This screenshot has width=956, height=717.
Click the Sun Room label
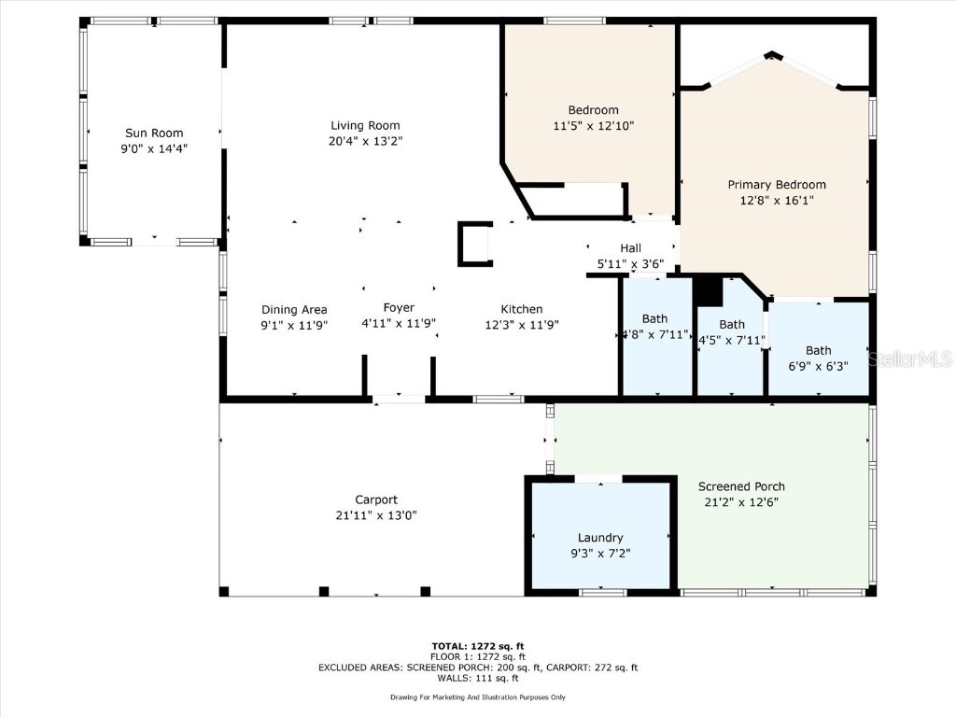point(154,133)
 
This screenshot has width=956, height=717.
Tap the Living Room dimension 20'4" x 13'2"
point(365,141)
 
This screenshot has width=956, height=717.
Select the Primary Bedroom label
point(777,185)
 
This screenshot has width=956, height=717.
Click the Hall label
point(630,248)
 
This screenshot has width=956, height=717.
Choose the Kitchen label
point(521,309)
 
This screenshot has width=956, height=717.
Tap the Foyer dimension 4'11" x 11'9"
point(399,324)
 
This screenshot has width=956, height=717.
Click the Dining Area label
point(293,309)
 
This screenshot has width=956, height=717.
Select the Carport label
point(376,499)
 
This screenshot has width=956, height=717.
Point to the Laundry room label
point(600,538)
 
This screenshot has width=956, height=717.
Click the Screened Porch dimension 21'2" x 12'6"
point(741,501)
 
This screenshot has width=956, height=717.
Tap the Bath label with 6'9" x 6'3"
point(818,350)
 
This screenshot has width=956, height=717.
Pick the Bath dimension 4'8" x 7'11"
point(655,334)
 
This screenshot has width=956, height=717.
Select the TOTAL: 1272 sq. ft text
point(477,646)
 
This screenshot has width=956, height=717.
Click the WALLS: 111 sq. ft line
point(477,678)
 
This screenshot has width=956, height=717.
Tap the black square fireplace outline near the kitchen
point(473,244)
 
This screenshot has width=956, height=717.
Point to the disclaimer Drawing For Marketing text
point(477,697)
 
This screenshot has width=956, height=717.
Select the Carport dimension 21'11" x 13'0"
point(376,515)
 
